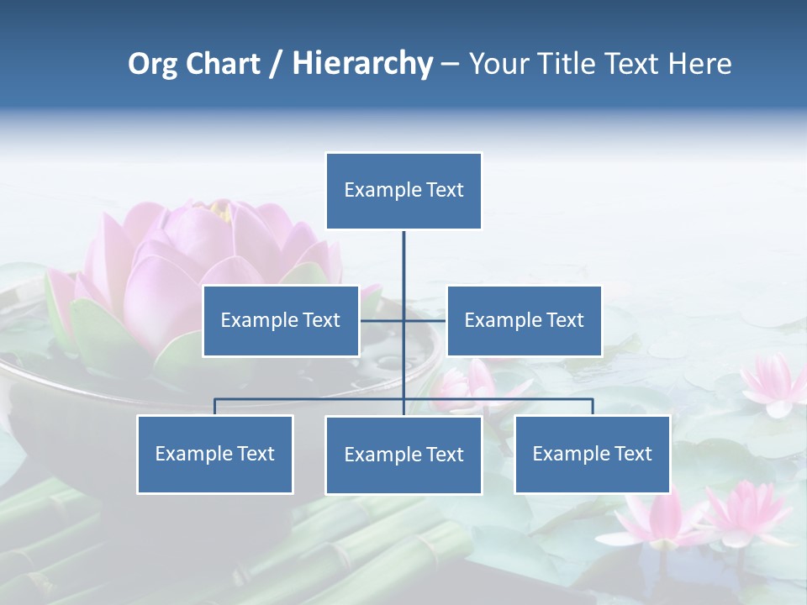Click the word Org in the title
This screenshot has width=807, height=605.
pyautogui.click(x=152, y=64)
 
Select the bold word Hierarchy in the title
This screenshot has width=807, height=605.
pyautogui.click(x=362, y=64)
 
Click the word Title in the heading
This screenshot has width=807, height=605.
pyautogui.click(x=567, y=64)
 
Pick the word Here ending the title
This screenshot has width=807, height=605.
pyautogui.click(x=699, y=64)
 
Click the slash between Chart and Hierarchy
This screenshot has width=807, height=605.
pyautogui.click(x=276, y=65)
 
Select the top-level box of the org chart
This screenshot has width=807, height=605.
pyautogui.click(x=403, y=190)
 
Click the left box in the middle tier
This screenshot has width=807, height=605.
pyautogui.click(x=280, y=320)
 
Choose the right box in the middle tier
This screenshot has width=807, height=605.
pyautogui.click(x=524, y=320)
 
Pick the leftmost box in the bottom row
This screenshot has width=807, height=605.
pyautogui.click(x=214, y=454)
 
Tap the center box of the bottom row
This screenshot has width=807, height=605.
pyautogui.click(x=403, y=455)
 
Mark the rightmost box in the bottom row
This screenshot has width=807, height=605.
pyautogui.click(x=592, y=454)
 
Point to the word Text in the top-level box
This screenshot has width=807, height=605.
pyautogui.click(x=445, y=190)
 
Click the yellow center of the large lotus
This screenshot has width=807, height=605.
pyautogui.click(x=221, y=210)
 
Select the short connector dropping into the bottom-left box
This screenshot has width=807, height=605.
pyautogui.click(x=214, y=407)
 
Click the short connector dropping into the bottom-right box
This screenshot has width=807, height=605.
pyautogui.click(x=593, y=407)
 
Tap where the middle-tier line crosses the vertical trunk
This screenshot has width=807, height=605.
pyautogui.click(x=403, y=320)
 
